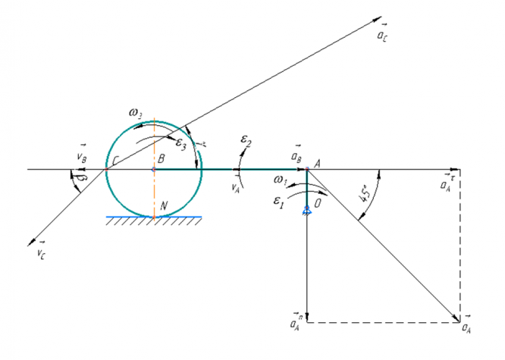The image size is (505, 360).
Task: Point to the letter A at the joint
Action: [x=317, y=161]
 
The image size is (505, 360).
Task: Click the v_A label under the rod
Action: [x=238, y=182]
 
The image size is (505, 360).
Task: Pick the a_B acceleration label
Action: [x=297, y=155]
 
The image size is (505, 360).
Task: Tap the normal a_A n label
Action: [x=296, y=324]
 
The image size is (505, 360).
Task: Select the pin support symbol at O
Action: [x=306, y=211]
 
